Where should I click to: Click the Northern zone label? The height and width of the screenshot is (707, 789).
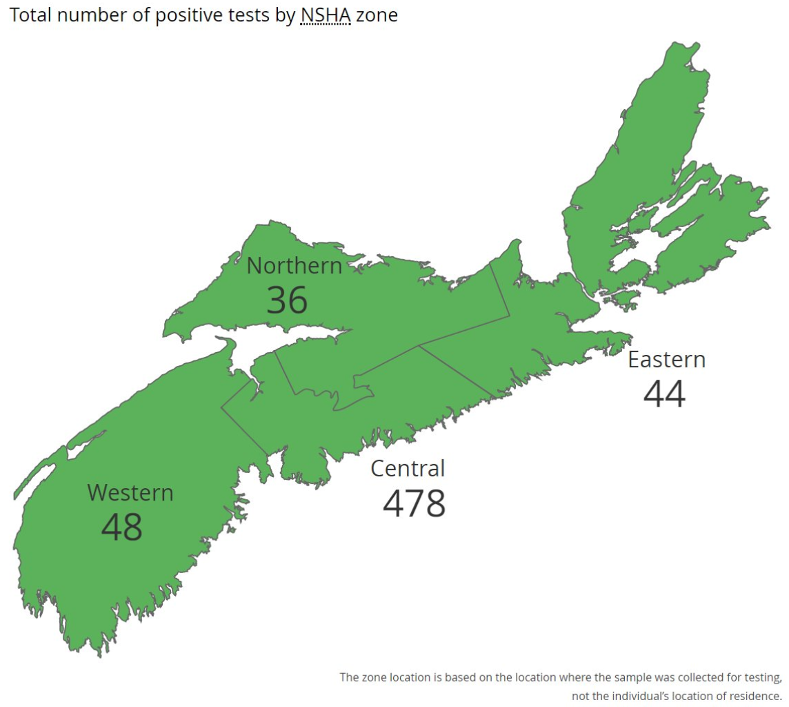click(x=294, y=266)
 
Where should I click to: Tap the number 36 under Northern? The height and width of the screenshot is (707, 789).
click(x=287, y=300)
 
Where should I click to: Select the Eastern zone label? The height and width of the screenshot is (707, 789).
click(x=666, y=360)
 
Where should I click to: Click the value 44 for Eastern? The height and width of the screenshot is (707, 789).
click(x=664, y=394)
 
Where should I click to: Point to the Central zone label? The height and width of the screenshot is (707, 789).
click(x=408, y=468)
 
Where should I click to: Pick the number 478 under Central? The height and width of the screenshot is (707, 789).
click(x=414, y=503)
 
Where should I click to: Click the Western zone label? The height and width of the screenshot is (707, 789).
click(x=130, y=493)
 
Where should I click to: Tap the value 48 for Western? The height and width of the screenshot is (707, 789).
click(x=122, y=527)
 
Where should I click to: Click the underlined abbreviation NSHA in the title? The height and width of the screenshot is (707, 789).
click(x=326, y=15)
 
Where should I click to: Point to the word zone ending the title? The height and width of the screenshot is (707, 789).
click(x=377, y=15)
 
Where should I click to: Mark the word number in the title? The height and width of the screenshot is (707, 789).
click(x=91, y=15)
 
